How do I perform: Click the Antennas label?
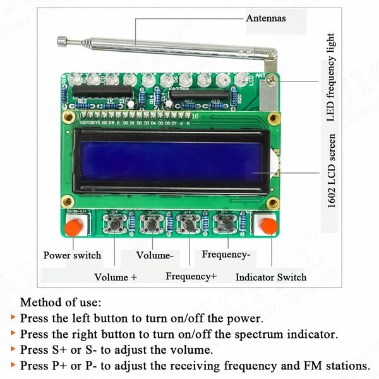pyautogui.click(x=265, y=18)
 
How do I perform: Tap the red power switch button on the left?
pyautogui.click(x=75, y=227)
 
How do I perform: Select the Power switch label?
pyautogui.click(x=72, y=256)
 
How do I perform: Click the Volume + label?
pyautogui.click(x=116, y=277)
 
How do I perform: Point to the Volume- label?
pyautogui.click(x=155, y=255)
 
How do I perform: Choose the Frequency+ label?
pyautogui.click(x=191, y=276)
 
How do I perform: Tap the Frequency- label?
pyautogui.click(x=226, y=254)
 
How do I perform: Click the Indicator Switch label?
pyautogui.click(x=271, y=277)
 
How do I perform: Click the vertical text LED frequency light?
pyautogui.click(x=330, y=78)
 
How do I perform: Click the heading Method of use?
pyautogui.click(x=61, y=303)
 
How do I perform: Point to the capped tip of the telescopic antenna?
pyautogui.click(x=62, y=42)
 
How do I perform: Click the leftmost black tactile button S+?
pyautogui.click(x=116, y=224)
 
